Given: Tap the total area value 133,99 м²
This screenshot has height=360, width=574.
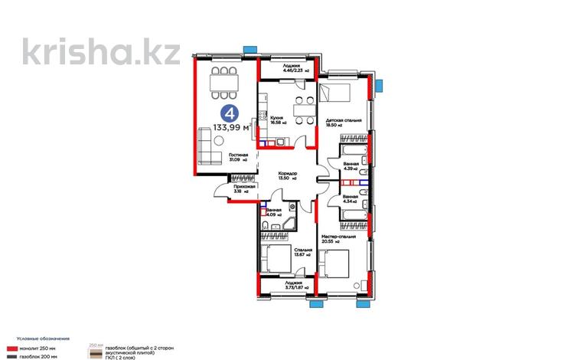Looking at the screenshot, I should click(230, 129).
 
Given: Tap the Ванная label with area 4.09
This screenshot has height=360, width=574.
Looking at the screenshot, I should click(274, 212).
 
